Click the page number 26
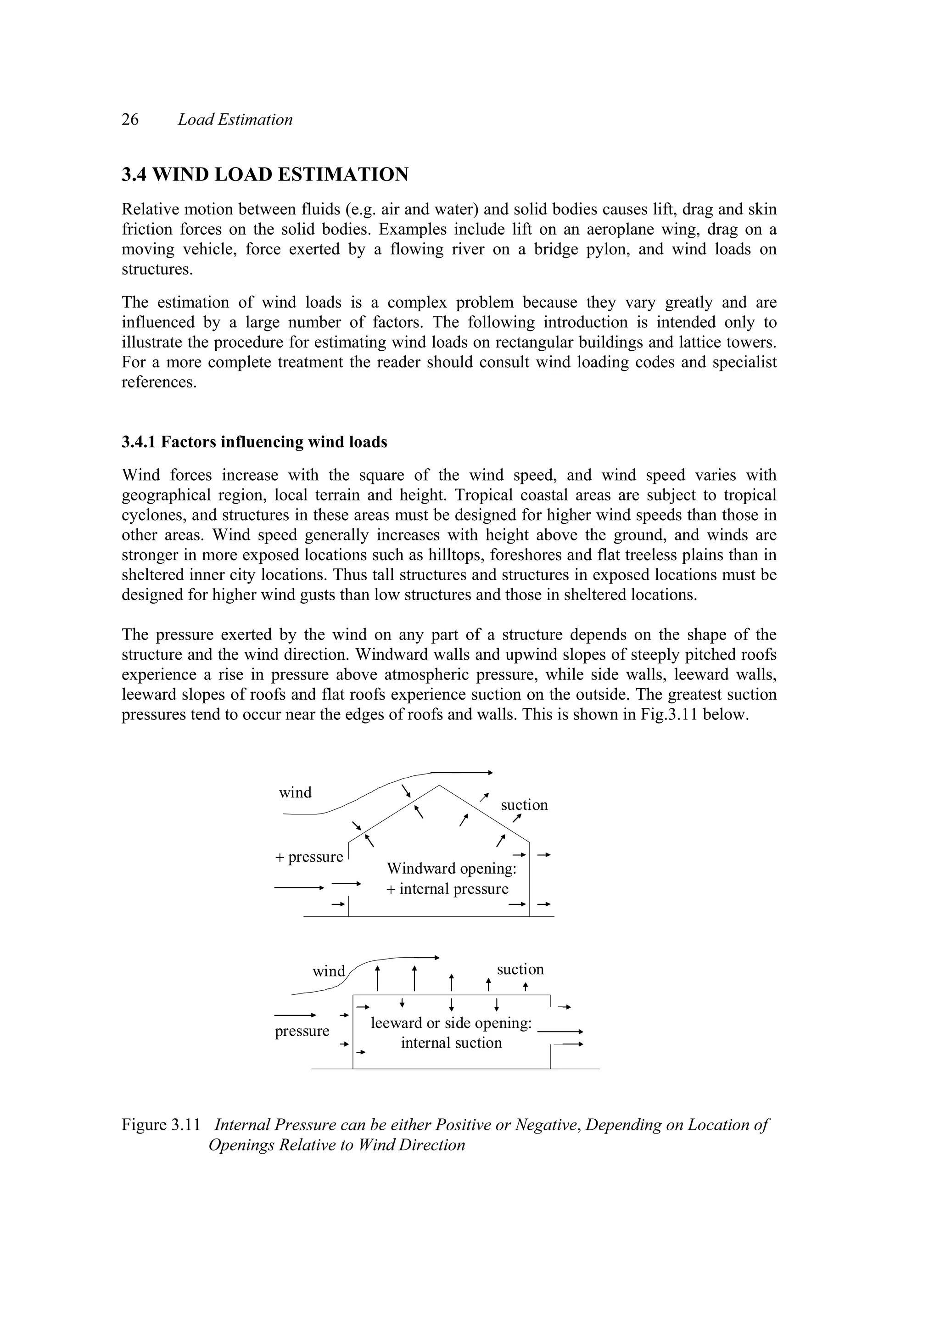click(130, 119)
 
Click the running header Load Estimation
click(235, 119)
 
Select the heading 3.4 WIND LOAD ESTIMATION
click(265, 174)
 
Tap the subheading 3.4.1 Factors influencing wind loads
click(254, 442)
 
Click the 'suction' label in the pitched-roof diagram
click(524, 805)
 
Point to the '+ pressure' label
click(309, 857)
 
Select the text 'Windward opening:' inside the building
click(451, 869)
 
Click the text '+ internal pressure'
click(447, 889)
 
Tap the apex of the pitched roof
click(439, 786)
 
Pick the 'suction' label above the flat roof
click(520, 969)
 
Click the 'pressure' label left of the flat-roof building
click(302, 1031)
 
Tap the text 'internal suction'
click(451, 1043)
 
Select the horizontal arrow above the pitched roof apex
click(462, 773)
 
